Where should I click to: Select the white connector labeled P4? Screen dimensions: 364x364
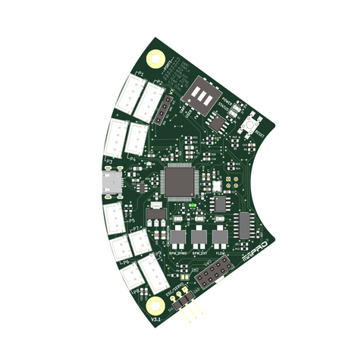pyautogui.click(x=137, y=136)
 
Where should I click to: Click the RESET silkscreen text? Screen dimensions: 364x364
pyautogui.click(x=260, y=133)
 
